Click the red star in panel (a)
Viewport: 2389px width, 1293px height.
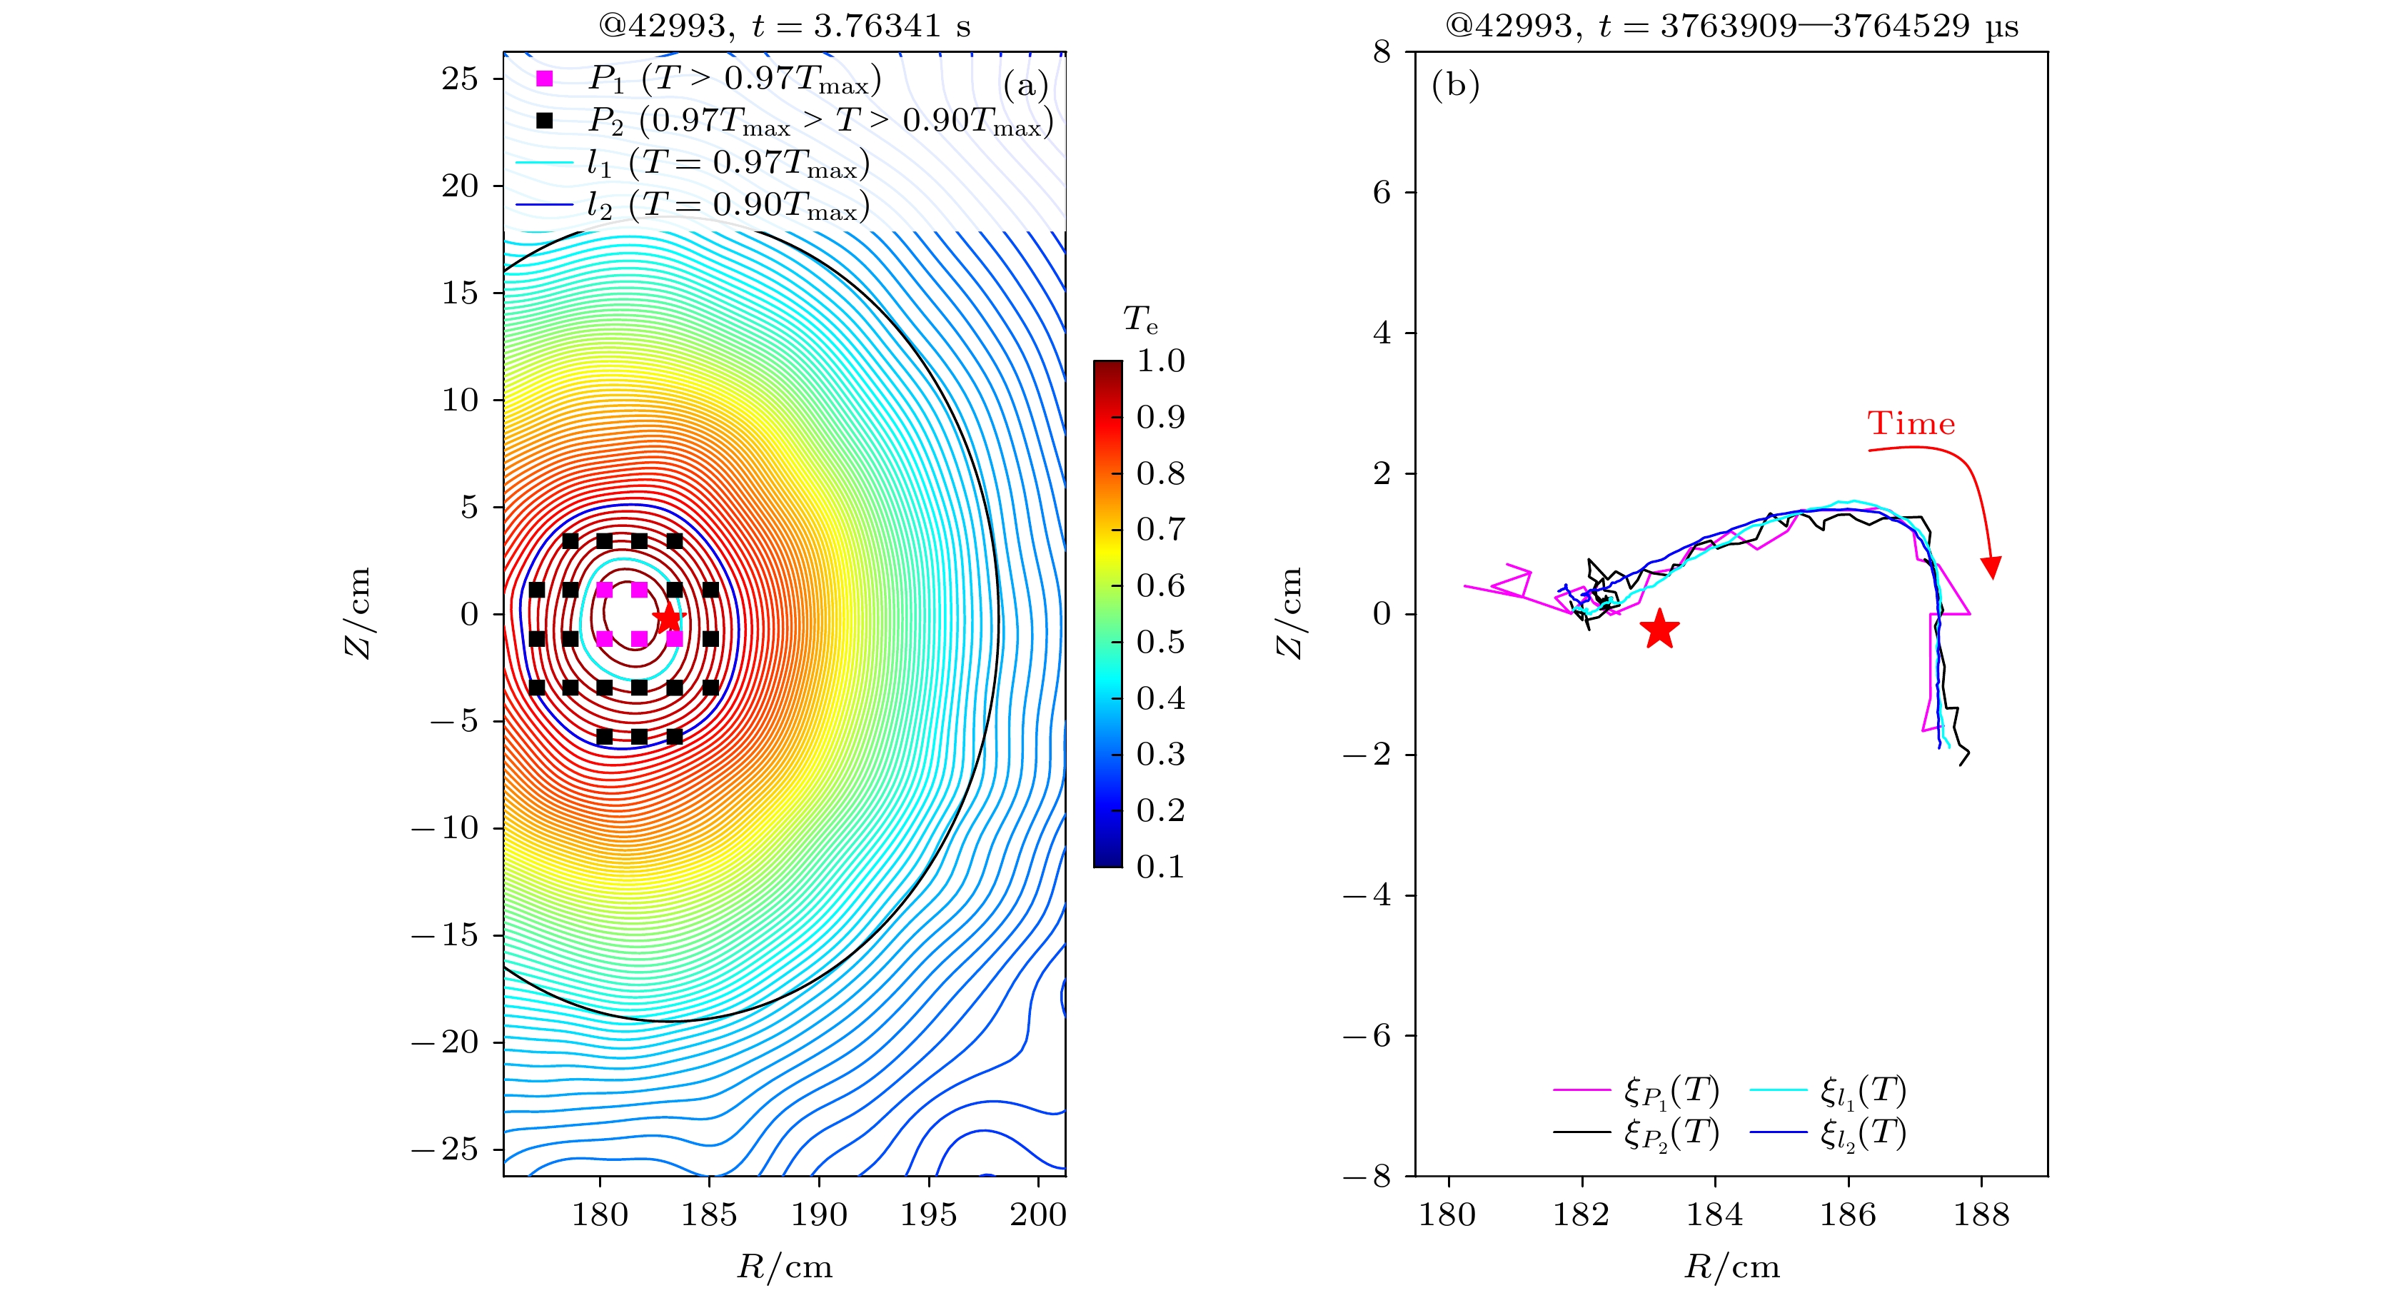point(667,618)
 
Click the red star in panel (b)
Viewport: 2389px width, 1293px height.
point(1659,630)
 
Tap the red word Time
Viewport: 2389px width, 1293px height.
point(1911,424)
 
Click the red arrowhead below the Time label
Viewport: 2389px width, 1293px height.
point(1990,567)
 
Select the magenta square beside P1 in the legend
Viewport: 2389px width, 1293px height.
point(544,79)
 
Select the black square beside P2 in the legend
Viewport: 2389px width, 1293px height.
point(544,121)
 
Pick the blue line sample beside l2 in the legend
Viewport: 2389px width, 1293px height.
point(544,205)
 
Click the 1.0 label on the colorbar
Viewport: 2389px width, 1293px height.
point(1160,361)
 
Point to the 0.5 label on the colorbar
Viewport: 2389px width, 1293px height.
point(1160,642)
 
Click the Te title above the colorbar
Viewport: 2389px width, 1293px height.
point(1140,320)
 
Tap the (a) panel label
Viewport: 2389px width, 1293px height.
point(1025,86)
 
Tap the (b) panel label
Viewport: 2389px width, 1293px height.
point(1455,86)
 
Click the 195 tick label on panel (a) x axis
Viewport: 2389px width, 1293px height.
point(928,1214)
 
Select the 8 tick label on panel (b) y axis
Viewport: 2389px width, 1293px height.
point(1382,52)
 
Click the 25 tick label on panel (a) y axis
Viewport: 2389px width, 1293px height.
point(460,79)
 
